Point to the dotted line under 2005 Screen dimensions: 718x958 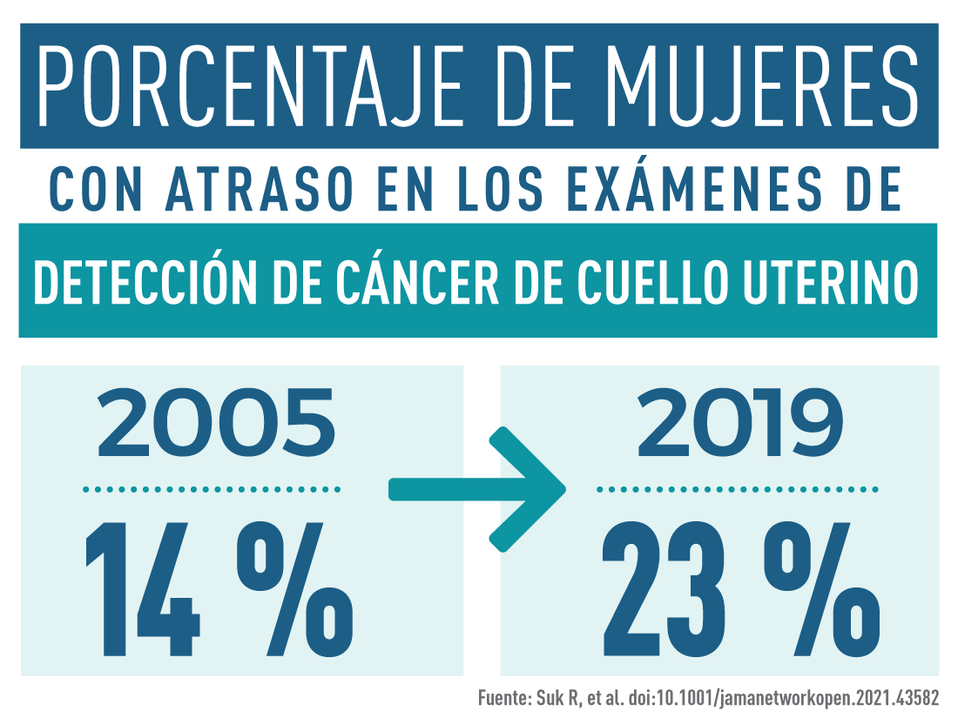212,490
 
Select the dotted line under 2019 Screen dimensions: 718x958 738,490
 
